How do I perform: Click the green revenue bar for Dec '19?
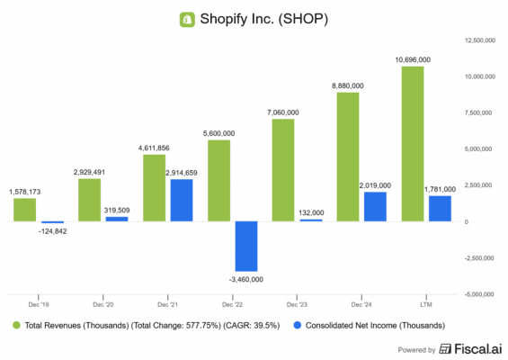point(25,210)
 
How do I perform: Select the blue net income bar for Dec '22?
point(246,246)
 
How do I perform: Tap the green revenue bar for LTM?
point(413,144)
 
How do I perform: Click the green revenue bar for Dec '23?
point(283,170)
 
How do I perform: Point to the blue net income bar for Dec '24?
point(375,206)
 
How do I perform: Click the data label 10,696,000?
point(413,58)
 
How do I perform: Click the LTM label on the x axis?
point(426,303)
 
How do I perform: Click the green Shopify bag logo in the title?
point(187,18)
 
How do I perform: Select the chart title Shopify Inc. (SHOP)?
point(263,18)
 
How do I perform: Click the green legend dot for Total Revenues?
point(16,325)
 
